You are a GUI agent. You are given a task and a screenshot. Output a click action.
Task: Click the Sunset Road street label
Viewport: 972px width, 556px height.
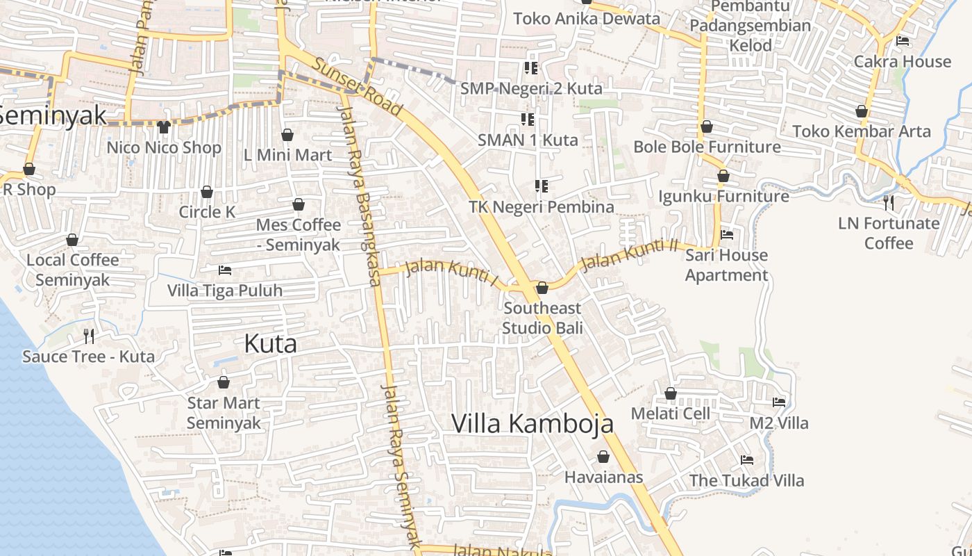[358, 86]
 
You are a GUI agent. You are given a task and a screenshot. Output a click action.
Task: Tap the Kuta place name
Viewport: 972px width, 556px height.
[271, 343]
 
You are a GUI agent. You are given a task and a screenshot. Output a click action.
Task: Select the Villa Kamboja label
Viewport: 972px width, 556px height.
[533, 423]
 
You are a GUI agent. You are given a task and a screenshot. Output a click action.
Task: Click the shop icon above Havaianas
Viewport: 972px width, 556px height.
[603, 457]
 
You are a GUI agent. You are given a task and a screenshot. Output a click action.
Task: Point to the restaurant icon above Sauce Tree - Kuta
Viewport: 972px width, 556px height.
[89, 336]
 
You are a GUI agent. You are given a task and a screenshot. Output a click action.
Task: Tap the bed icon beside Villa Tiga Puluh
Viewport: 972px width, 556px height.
[225, 270]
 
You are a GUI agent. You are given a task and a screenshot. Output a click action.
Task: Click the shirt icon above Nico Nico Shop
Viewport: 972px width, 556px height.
[164, 126]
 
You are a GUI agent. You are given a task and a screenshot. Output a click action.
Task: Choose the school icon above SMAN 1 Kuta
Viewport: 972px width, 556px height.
[527, 119]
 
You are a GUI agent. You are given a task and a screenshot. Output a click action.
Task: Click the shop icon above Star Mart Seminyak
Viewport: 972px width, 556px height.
[224, 382]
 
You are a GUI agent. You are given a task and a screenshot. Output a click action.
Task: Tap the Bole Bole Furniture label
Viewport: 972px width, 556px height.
[707, 147]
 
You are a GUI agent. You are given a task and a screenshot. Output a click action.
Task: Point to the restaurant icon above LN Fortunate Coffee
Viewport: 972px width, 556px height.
[889, 202]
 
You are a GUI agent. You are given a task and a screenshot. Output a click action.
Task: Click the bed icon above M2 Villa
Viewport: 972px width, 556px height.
[779, 402]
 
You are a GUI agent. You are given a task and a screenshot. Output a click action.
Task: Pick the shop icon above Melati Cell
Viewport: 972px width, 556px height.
[671, 394]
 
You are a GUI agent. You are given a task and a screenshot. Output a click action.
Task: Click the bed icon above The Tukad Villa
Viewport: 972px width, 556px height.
[747, 459]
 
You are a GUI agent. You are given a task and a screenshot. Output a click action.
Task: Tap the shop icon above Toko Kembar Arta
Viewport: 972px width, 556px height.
[862, 111]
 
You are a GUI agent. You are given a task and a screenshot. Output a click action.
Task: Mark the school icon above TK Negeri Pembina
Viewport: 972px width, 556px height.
[542, 186]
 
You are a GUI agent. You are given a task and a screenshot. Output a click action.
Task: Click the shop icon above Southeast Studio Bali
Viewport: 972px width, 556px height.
[542, 288]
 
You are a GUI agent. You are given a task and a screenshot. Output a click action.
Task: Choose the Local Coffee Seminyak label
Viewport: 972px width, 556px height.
[72, 270]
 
